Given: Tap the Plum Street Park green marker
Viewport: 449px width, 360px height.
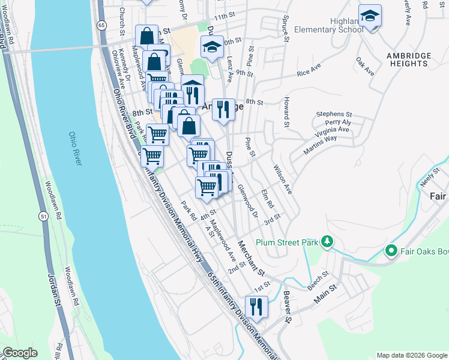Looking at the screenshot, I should coord(327,241).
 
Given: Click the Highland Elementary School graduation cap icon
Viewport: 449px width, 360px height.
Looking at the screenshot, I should coord(370,16).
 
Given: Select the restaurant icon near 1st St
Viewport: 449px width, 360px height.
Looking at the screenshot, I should coord(256,307).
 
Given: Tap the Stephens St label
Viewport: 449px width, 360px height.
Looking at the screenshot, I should coord(334,114).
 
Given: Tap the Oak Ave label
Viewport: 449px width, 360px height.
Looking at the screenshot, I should coord(364,67).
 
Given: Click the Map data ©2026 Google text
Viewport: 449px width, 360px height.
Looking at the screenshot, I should coord(411,355).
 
